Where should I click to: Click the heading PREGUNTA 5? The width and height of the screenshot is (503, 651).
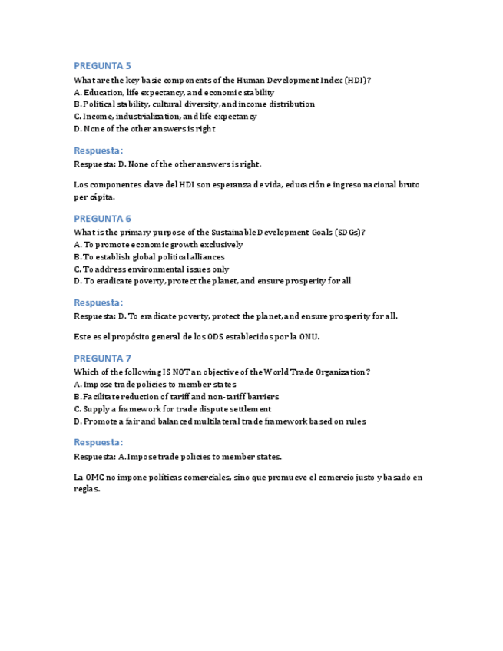pyautogui.click(x=102, y=66)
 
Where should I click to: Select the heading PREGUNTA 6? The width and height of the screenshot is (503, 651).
pyautogui.click(x=102, y=218)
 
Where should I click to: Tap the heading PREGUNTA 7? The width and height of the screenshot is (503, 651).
pyautogui.click(x=102, y=359)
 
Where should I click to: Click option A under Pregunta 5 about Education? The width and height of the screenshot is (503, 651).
pyautogui.click(x=174, y=92)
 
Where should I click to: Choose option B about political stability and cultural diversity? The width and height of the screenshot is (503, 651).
pyautogui.click(x=194, y=104)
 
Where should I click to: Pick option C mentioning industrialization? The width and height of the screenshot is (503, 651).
pyautogui.click(x=165, y=117)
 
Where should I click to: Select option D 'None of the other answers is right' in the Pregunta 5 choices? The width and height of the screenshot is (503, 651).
pyautogui.click(x=144, y=129)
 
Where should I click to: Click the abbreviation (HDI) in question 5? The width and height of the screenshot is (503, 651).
pyautogui.click(x=356, y=80)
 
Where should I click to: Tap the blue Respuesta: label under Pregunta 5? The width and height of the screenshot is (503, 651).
pyautogui.click(x=98, y=150)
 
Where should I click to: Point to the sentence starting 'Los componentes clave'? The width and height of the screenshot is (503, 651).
pyautogui.click(x=247, y=185)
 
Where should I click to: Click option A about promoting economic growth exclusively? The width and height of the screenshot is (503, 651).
pyautogui.click(x=158, y=244)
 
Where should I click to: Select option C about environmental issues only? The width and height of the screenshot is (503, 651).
pyautogui.click(x=151, y=269)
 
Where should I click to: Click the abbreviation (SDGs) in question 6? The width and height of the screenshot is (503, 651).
pyautogui.click(x=346, y=232)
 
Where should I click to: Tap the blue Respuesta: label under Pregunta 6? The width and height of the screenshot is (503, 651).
pyautogui.click(x=98, y=302)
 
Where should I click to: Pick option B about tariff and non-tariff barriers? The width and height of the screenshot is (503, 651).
pyautogui.click(x=176, y=397)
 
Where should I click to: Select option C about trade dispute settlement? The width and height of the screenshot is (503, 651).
pyautogui.click(x=172, y=409)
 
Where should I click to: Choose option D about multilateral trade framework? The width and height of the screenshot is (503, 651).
pyautogui.click(x=220, y=421)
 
